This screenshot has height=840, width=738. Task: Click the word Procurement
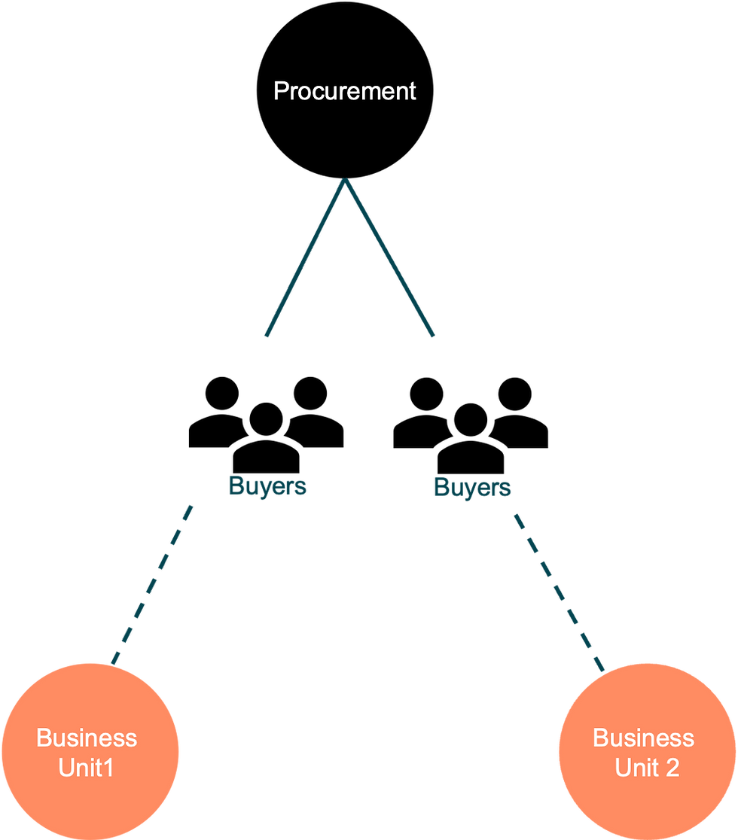coord(344,91)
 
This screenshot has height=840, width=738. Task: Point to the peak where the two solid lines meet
coord(346,181)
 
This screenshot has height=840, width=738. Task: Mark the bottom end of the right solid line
coord(434,336)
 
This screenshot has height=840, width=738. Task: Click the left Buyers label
coord(267,486)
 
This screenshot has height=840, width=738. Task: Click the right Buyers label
coord(472,488)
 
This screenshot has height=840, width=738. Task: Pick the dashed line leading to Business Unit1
coord(153,583)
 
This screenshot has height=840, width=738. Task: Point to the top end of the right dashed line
coord(515,516)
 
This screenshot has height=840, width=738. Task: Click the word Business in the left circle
coord(87,738)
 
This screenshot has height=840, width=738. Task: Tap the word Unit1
coord(87,768)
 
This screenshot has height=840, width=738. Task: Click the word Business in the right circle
coord(644,738)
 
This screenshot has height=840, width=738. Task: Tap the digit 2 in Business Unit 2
coord(672,768)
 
